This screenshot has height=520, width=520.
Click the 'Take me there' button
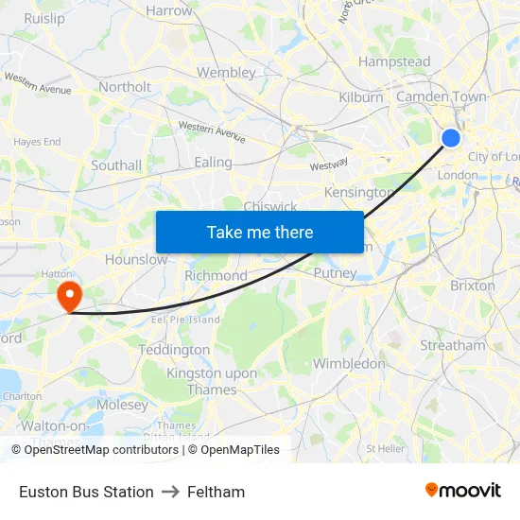pyautogui.click(x=260, y=232)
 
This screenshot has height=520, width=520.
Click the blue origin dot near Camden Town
pyautogui.click(x=451, y=138)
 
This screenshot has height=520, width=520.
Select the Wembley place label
pyautogui.click(x=226, y=73)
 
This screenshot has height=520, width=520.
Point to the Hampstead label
pyautogui.click(x=394, y=62)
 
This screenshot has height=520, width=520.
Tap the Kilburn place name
pyautogui.click(x=361, y=97)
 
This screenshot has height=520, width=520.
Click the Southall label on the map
pyautogui.click(x=116, y=165)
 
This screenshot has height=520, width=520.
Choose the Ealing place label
pyautogui.click(x=213, y=163)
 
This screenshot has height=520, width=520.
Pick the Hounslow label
pyautogui.click(x=136, y=259)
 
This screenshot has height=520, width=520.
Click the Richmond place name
pyautogui.click(x=216, y=276)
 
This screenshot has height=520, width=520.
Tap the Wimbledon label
pyautogui.click(x=349, y=364)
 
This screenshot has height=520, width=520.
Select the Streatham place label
pyautogui.click(x=452, y=346)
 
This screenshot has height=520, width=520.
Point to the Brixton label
pyautogui.click(x=473, y=286)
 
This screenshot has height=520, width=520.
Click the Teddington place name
pyautogui.click(x=174, y=350)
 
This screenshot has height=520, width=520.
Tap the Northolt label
pyautogui.click(x=125, y=87)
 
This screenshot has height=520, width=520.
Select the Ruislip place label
pyautogui.click(x=44, y=18)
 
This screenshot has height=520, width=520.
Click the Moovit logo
pyautogui.click(x=463, y=491)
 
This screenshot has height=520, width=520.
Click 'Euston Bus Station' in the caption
pyautogui.click(x=86, y=492)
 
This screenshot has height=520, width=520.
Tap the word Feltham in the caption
pyautogui.click(x=216, y=492)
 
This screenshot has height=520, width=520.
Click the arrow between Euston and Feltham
pyautogui.click(x=170, y=492)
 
